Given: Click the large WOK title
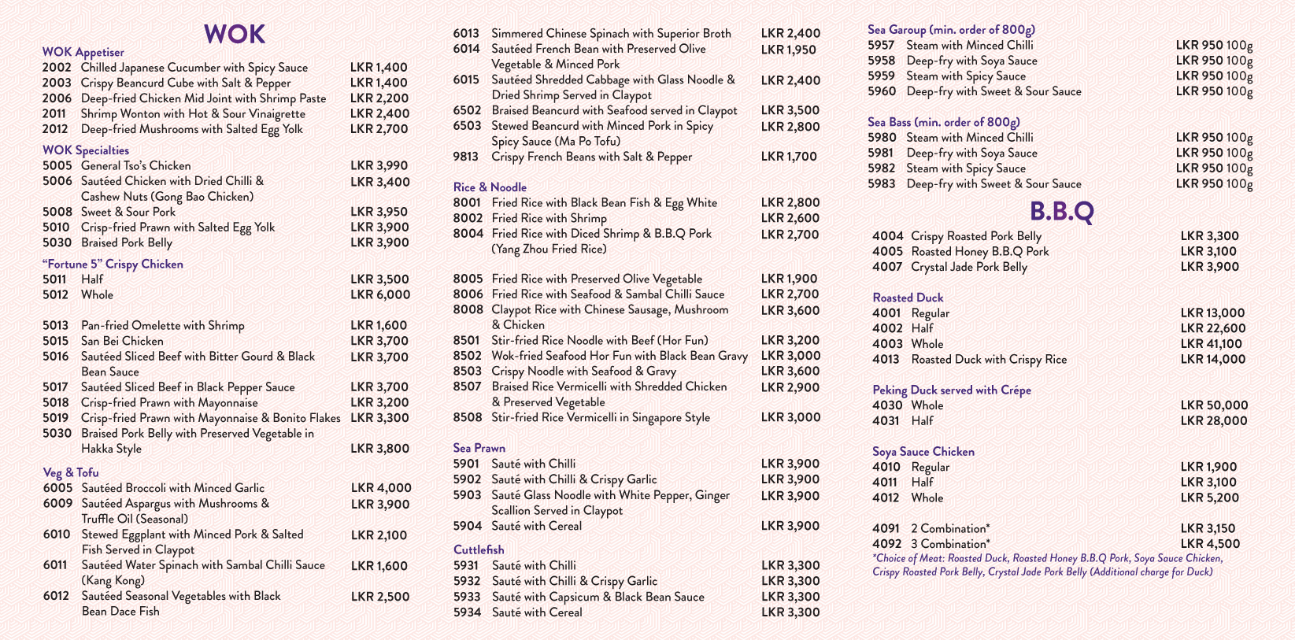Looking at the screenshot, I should tap(234, 34).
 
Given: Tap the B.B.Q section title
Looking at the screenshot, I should tap(1061, 211).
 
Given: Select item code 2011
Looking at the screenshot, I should tap(54, 114).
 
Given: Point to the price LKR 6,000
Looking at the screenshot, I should tap(380, 295).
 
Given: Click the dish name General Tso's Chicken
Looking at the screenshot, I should tap(135, 166).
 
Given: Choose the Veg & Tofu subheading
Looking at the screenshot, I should tap(71, 472).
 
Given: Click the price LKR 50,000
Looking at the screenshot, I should tap(1214, 405).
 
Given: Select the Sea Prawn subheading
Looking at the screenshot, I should tap(479, 448).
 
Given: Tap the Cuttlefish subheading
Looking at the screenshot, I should tap(479, 549).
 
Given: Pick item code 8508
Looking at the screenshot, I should tap(467, 417).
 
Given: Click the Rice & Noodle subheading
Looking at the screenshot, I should tap(490, 187).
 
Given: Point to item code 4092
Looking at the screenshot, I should tap(886, 544).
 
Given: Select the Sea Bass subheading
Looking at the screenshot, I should tap(943, 122).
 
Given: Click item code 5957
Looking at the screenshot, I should tap(881, 46).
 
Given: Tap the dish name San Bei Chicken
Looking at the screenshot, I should tap(122, 341).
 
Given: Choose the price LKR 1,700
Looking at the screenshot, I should tap(789, 157).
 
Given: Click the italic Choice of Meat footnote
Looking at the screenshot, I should tap(1047, 565).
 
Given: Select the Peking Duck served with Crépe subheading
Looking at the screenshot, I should tap(951, 390).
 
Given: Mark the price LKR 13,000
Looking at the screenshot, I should tap(1212, 313).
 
